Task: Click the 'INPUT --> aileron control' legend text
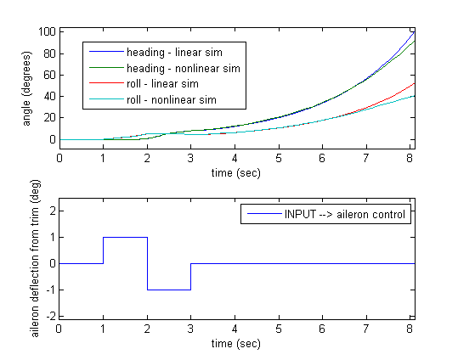345,214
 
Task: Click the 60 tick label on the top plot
49,75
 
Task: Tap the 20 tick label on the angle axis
49,118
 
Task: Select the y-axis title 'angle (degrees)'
26,89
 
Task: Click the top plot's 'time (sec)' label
236,173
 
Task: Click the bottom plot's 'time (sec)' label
236,343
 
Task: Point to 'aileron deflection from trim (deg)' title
35,258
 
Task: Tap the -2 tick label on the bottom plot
51,316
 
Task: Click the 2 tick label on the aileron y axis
53,211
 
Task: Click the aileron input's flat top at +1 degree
125,238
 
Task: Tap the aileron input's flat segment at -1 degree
169,290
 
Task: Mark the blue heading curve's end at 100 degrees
414,31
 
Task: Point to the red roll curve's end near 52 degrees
415,83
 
